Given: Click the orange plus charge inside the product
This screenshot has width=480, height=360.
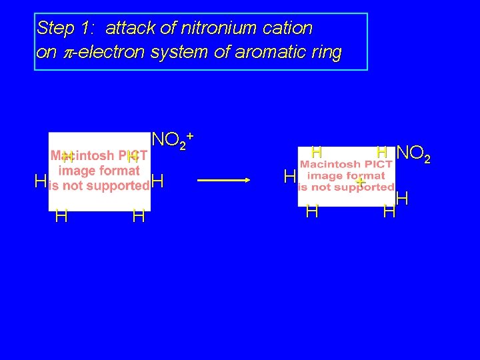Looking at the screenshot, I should pyautogui.click(x=361, y=181).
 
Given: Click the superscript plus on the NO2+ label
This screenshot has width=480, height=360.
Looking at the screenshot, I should pyautogui.click(x=190, y=135).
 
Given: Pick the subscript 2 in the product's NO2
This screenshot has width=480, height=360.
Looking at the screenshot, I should pyautogui.click(x=427, y=159).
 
